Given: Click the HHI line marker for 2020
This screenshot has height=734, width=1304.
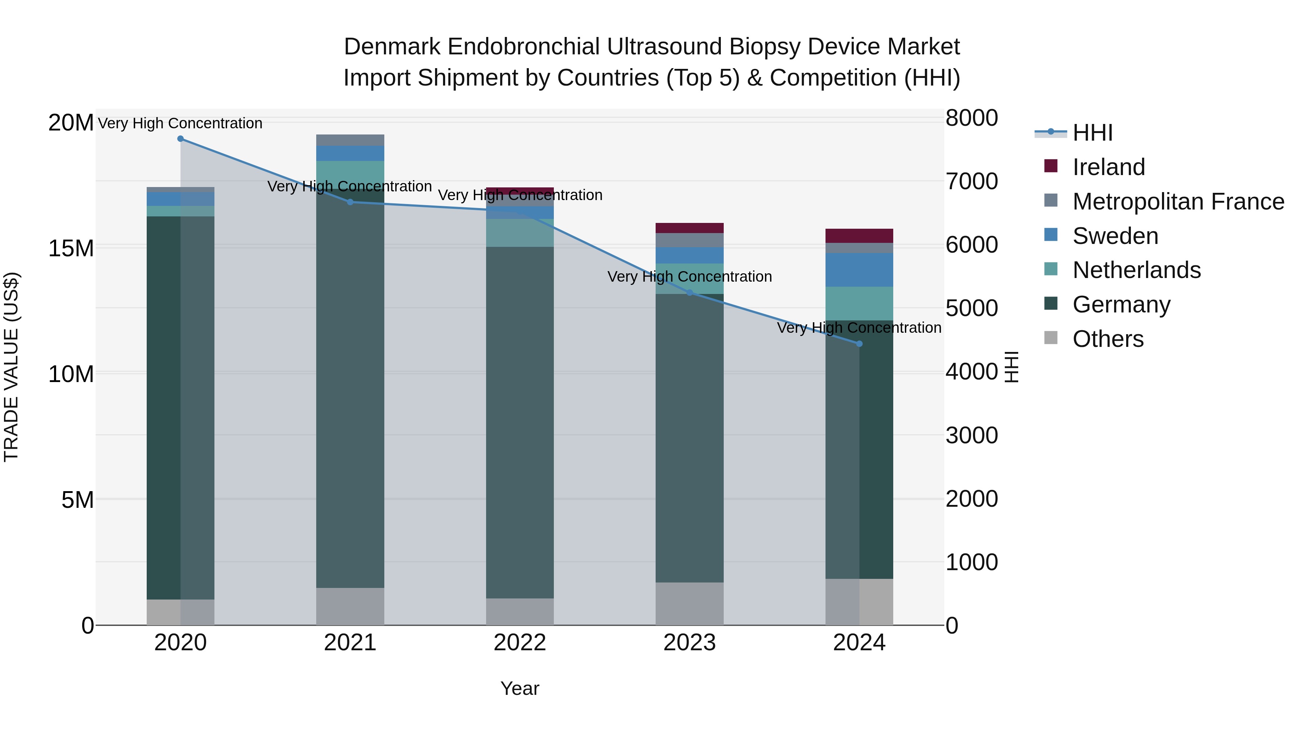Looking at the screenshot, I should click(x=180, y=139).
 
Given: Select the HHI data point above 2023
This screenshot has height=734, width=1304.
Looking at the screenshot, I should click(x=689, y=293).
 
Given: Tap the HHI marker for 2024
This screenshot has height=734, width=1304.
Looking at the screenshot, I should click(x=859, y=344).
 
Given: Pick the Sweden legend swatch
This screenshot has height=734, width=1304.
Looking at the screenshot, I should click(x=1051, y=235).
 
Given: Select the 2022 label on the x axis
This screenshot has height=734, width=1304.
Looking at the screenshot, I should click(x=519, y=643).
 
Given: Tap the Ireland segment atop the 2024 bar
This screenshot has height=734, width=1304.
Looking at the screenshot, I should click(x=859, y=236).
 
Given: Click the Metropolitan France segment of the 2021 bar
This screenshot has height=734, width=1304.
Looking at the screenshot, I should click(x=350, y=140).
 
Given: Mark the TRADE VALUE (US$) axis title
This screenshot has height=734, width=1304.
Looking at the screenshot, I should click(x=11, y=367).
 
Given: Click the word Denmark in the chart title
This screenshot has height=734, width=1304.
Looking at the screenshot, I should click(x=392, y=47).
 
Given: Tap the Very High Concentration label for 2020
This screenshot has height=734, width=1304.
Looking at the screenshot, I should click(x=180, y=123).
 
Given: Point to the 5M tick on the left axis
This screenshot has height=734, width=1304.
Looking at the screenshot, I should click(x=77, y=500).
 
